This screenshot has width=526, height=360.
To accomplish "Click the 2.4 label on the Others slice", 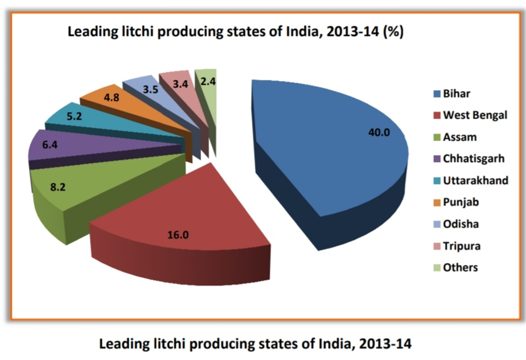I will click(x=208, y=81).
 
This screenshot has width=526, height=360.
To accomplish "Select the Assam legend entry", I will click(x=460, y=137).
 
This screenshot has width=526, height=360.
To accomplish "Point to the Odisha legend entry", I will click(x=460, y=224).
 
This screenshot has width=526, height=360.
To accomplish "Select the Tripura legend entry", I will click(x=461, y=246).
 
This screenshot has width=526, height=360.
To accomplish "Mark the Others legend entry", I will click(x=460, y=268).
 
